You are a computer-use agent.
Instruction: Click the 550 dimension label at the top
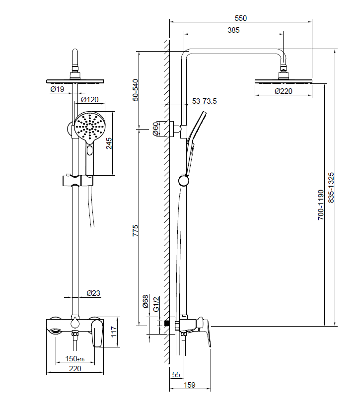tap(240, 18)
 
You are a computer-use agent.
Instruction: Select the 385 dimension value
tap(233, 30)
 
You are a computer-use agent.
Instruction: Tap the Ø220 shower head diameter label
tap(284, 91)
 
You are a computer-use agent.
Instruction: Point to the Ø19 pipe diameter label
tap(57, 89)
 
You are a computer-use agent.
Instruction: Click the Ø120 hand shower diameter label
tap(90, 100)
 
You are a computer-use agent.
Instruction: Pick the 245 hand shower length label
tap(109, 143)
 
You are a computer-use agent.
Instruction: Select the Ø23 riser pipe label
tap(93, 293)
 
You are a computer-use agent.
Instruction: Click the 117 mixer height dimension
tap(114, 332)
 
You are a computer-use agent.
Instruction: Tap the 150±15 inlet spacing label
tap(75, 359)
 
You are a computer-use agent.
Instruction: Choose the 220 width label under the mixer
tap(75, 369)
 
